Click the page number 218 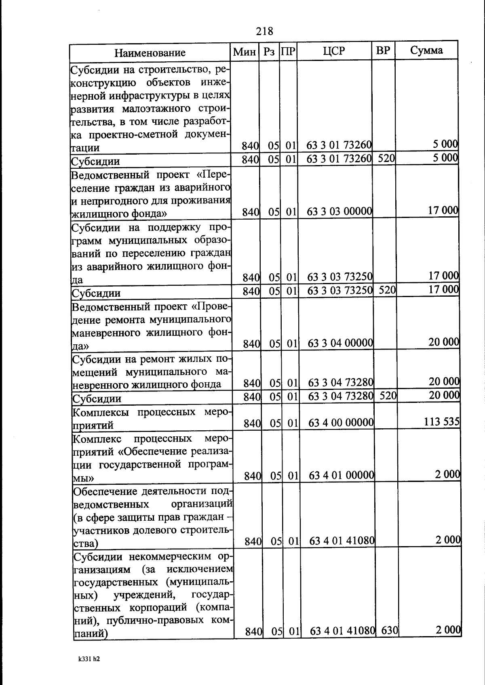click(x=265, y=31)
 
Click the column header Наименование click(x=150, y=53)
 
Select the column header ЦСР click(x=334, y=51)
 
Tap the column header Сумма click(x=426, y=50)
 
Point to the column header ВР click(x=383, y=51)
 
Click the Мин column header click(x=245, y=52)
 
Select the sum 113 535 click(x=442, y=422)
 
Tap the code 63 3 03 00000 click(x=339, y=211)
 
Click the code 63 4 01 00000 click(x=342, y=475)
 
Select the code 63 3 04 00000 click(x=340, y=343)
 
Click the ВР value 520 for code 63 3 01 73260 click(x=386, y=158)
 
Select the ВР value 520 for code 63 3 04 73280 click(x=388, y=396)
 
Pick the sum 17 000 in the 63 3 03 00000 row click(x=443, y=210)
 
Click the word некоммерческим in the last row click(x=174, y=557)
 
